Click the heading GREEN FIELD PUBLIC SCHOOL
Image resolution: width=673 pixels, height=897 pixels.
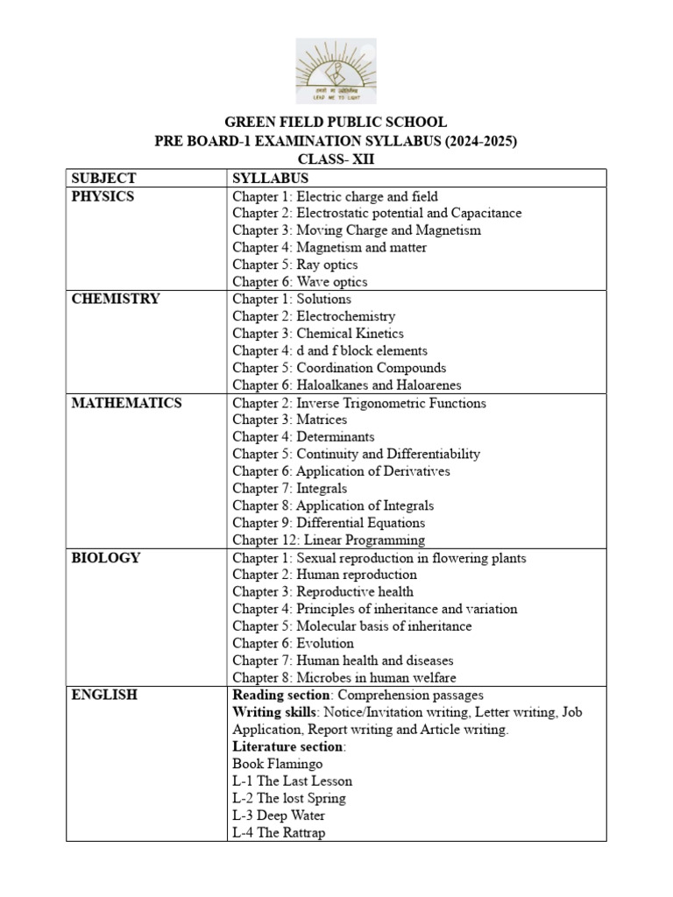[x=336, y=123]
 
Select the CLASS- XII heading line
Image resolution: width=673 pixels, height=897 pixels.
[x=336, y=159]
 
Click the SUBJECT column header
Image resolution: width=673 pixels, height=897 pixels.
[x=102, y=178]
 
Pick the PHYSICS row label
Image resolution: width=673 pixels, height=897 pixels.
[x=103, y=196]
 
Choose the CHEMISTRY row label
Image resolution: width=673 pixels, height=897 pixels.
[x=116, y=299]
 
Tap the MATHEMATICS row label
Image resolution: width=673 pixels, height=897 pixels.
[x=127, y=403]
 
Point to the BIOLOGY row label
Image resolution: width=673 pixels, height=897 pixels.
[x=105, y=558]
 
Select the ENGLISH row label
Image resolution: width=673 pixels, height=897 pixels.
[x=104, y=695]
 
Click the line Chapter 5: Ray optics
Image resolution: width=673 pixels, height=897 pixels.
[x=295, y=265]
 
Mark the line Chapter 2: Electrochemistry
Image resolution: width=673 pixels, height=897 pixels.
[x=314, y=316]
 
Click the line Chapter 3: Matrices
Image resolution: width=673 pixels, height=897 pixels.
[x=290, y=420]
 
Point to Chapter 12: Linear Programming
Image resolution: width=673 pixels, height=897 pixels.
[x=329, y=540]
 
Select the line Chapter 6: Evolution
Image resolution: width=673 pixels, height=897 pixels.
[x=294, y=644]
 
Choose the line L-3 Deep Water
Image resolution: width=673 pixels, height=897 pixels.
[x=279, y=816]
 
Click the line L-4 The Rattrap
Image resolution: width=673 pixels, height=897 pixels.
[x=279, y=833]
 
